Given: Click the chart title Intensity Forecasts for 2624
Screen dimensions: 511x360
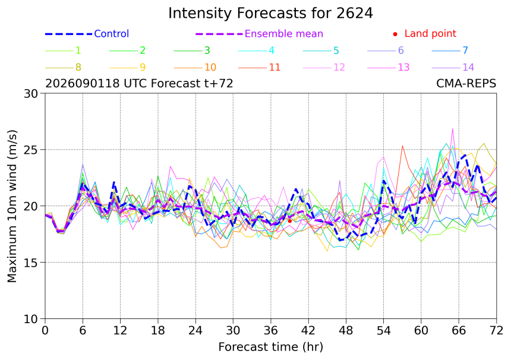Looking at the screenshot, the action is click(x=270, y=13).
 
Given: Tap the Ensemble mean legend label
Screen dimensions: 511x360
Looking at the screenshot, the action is click(x=284, y=33).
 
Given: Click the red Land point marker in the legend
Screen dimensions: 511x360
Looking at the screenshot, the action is click(x=395, y=34).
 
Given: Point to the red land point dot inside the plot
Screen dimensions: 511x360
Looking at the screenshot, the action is click(x=290, y=221).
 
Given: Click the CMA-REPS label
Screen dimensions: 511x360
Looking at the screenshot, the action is click(x=466, y=83).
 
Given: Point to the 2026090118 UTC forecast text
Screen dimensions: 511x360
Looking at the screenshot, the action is click(x=139, y=83).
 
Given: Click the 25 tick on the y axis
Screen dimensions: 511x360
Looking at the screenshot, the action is click(x=31, y=150).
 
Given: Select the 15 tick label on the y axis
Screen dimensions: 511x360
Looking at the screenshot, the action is click(x=31, y=263).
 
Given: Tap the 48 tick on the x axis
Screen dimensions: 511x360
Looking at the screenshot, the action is click(x=346, y=331).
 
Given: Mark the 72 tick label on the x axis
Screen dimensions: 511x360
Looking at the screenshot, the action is click(x=496, y=331).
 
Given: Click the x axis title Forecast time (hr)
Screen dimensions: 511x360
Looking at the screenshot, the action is click(x=270, y=347).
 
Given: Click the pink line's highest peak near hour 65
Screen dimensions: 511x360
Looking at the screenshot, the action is click(x=452, y=129).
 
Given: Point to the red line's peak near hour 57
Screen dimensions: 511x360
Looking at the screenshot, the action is click(x=402, y=146).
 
